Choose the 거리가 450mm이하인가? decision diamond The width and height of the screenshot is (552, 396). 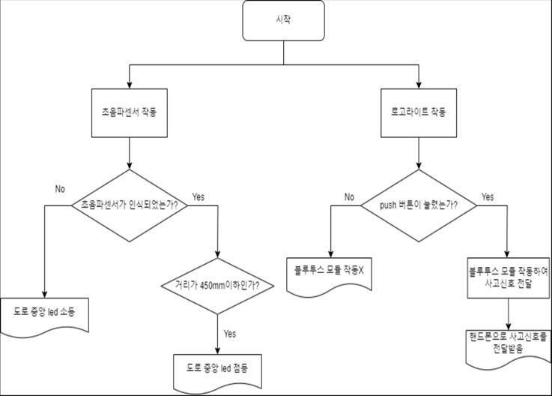point(216,285)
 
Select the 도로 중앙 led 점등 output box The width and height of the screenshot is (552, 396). point(217,369)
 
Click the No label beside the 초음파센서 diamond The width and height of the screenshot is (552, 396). point(61,188)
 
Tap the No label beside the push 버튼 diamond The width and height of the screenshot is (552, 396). point(349,197)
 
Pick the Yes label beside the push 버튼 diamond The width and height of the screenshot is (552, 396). point(487,197)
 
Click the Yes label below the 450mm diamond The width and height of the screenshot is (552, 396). point(230,333)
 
